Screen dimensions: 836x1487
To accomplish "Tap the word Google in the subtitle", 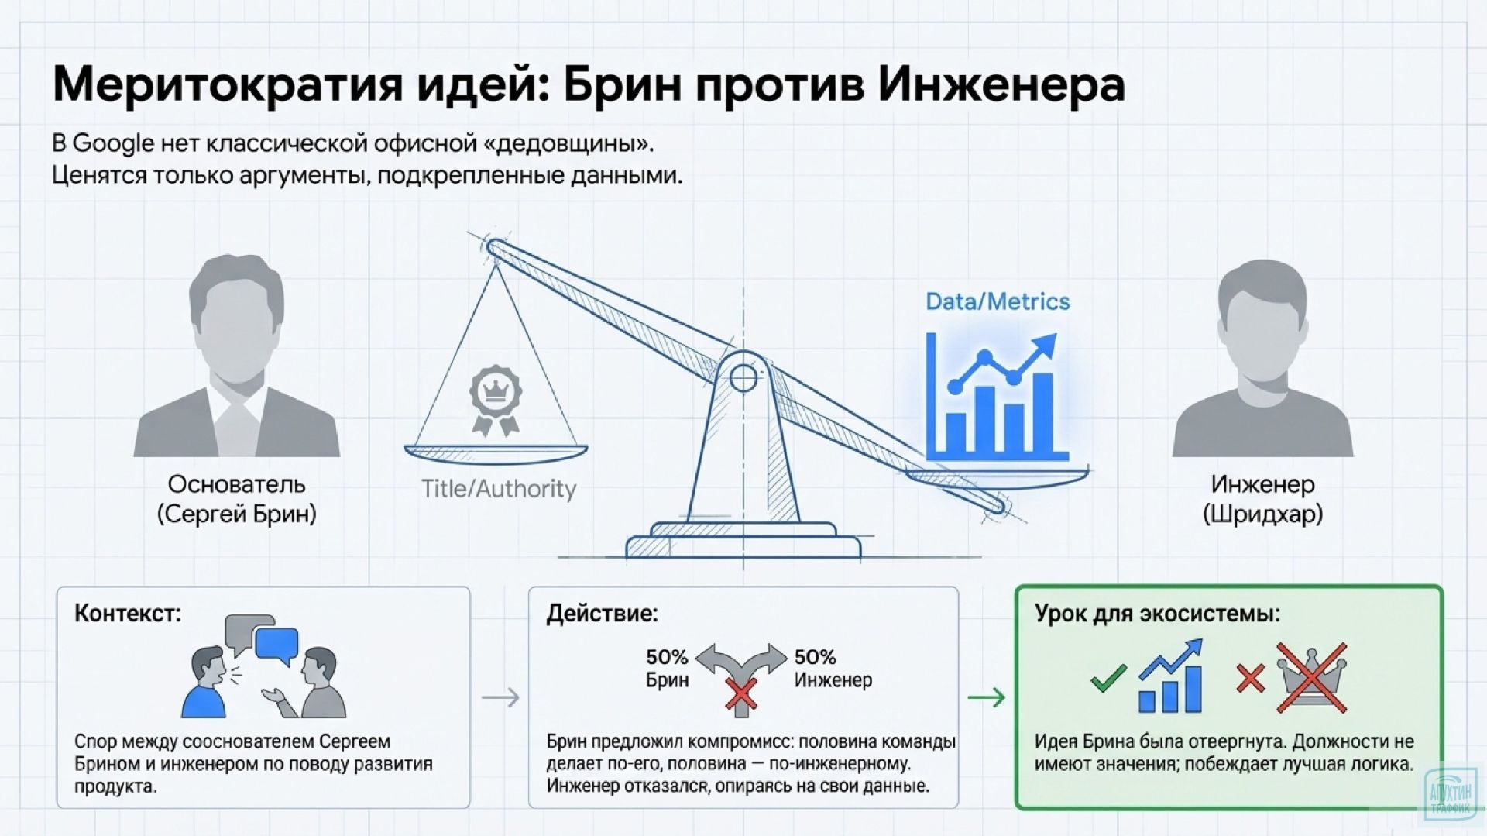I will point(113,143).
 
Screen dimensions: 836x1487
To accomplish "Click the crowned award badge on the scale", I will point(495,398).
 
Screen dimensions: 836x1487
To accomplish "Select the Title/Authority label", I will point(498,489).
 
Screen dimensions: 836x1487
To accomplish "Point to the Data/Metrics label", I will point(998,301).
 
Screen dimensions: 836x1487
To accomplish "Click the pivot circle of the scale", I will point(743,378).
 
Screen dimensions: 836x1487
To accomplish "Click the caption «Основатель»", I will point(236,484).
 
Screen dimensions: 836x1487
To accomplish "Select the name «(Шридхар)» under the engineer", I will point(1262,514).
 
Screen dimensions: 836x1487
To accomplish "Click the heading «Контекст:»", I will point(128,614).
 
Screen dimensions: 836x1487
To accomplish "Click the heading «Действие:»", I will point(602,614).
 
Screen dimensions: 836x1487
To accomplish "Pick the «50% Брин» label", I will point(667,668).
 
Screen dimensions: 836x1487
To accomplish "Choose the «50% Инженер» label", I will point(833,668).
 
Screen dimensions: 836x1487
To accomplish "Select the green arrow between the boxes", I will point(986,697).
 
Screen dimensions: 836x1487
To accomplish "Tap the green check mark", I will point(1108,679).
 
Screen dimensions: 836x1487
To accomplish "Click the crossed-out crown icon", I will point(1312,677).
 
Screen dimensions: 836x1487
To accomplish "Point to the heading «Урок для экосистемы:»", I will point(1157,614).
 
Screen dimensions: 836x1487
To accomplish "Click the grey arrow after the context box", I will point(500,697).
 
